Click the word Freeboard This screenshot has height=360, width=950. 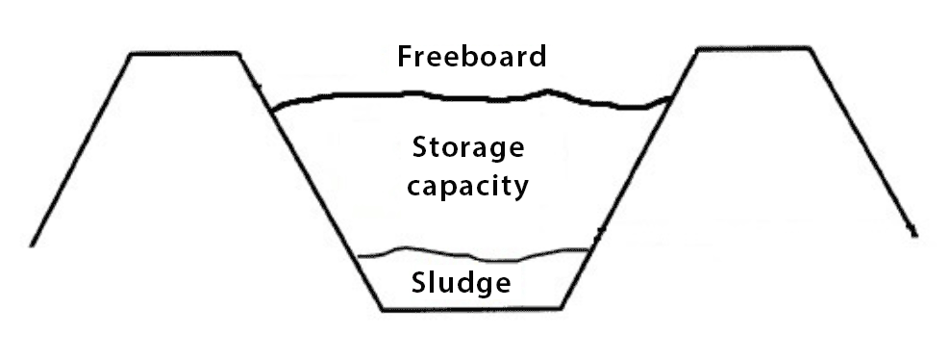472,57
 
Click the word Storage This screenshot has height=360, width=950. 468,149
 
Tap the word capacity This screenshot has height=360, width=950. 468,184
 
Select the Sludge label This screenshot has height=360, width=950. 461,284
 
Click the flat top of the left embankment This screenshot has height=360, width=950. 184,54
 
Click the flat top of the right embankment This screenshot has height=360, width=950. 755,48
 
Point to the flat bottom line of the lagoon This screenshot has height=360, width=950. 471,309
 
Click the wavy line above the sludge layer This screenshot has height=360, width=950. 471,256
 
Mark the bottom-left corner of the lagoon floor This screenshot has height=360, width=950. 383,309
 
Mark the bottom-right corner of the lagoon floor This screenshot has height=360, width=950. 562,309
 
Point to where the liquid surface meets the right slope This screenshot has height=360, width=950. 670,98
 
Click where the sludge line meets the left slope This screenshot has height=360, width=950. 357,257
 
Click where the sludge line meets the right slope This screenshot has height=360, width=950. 589,249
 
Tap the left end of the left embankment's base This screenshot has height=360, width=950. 32,244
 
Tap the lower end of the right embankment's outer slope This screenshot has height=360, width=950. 914,235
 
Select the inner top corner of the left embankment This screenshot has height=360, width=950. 237,54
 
